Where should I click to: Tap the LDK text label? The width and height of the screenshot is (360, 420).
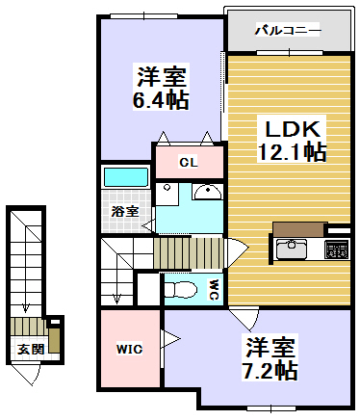pos(291,128)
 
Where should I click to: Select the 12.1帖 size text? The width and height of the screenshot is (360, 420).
pos(291,152)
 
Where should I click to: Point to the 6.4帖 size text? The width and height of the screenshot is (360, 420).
pos(161,99)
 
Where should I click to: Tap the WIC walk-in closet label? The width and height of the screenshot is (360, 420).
pos(130,349)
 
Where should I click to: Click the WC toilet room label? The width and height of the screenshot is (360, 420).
pos(214,288)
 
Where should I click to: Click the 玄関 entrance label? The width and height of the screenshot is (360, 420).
pos(29,349)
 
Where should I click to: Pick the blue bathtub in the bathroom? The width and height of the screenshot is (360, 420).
pos(124,178)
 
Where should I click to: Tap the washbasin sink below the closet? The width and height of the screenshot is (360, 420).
pos(206,193)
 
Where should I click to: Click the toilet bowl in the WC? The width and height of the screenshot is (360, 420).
pos(181,287)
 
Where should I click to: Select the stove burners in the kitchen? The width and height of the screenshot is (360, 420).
pos(337,250)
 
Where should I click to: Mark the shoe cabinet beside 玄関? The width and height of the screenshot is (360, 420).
pos(56,337)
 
